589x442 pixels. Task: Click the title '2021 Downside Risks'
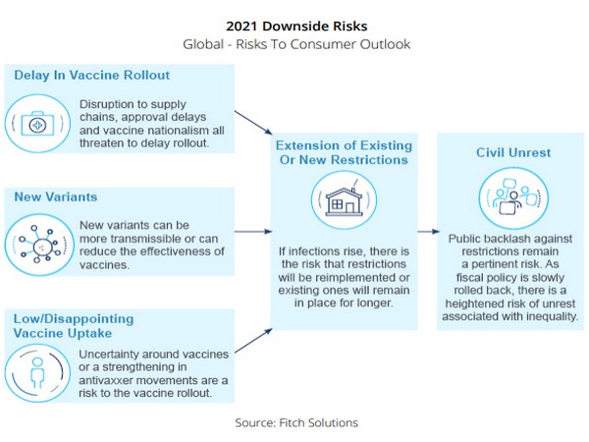click(294, 26)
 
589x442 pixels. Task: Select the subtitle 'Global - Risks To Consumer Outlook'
click(294, 44)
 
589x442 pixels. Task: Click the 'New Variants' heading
click(56, 196)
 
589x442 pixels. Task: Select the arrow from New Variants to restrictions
click(253, 233)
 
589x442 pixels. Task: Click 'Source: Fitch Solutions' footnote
click(295, 422)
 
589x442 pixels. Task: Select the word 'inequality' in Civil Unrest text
click(541, 316)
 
